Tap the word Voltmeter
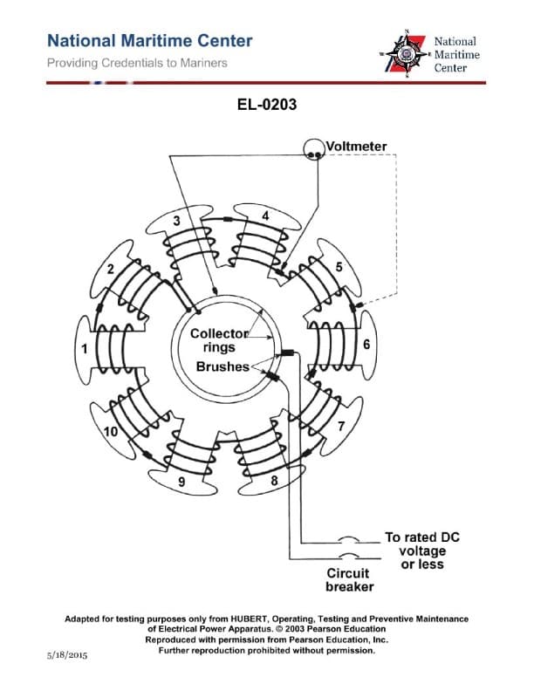(358, 146)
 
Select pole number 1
(85, 348)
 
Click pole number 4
(265, 215)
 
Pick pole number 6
(367, 344)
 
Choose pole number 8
(274, 480)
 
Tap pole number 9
(181, 481)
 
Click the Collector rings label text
(219, 340)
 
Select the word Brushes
(223, 367)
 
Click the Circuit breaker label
(348, 580)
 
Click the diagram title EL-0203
(267, 105)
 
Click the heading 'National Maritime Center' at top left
(149, 40)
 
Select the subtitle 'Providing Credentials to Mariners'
(137, 63)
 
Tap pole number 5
(339, 264)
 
